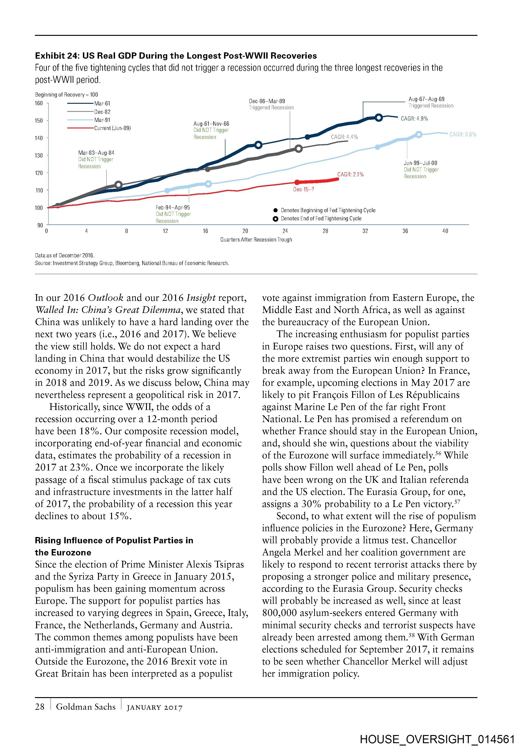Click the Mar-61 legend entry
point(102,103)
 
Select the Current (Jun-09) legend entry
point(112,128)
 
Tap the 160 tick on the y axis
point(39,103)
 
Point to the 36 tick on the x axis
point(405,231)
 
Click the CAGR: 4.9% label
point(414,119)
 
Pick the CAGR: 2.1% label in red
point(350,175)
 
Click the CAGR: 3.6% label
point(463,134)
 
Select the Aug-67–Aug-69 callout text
point(426,99)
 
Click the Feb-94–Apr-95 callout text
point(173,208)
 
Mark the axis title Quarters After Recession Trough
point(256,240)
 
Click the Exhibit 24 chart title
point(176,56)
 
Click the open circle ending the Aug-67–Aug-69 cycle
point(379,118)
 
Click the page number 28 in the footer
point(40,707)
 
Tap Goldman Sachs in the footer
point(85,707)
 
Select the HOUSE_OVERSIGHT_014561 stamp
point(437,739)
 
